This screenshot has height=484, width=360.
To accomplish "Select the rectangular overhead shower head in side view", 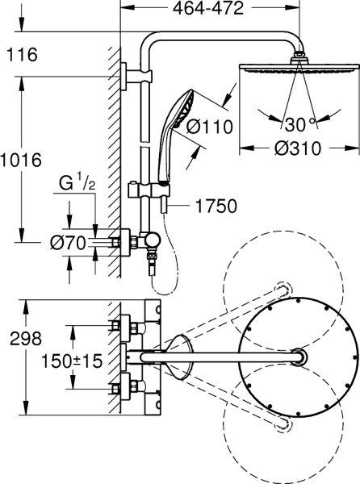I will pos(299,69).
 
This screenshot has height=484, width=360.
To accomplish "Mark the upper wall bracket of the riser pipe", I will pos(129,77).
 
